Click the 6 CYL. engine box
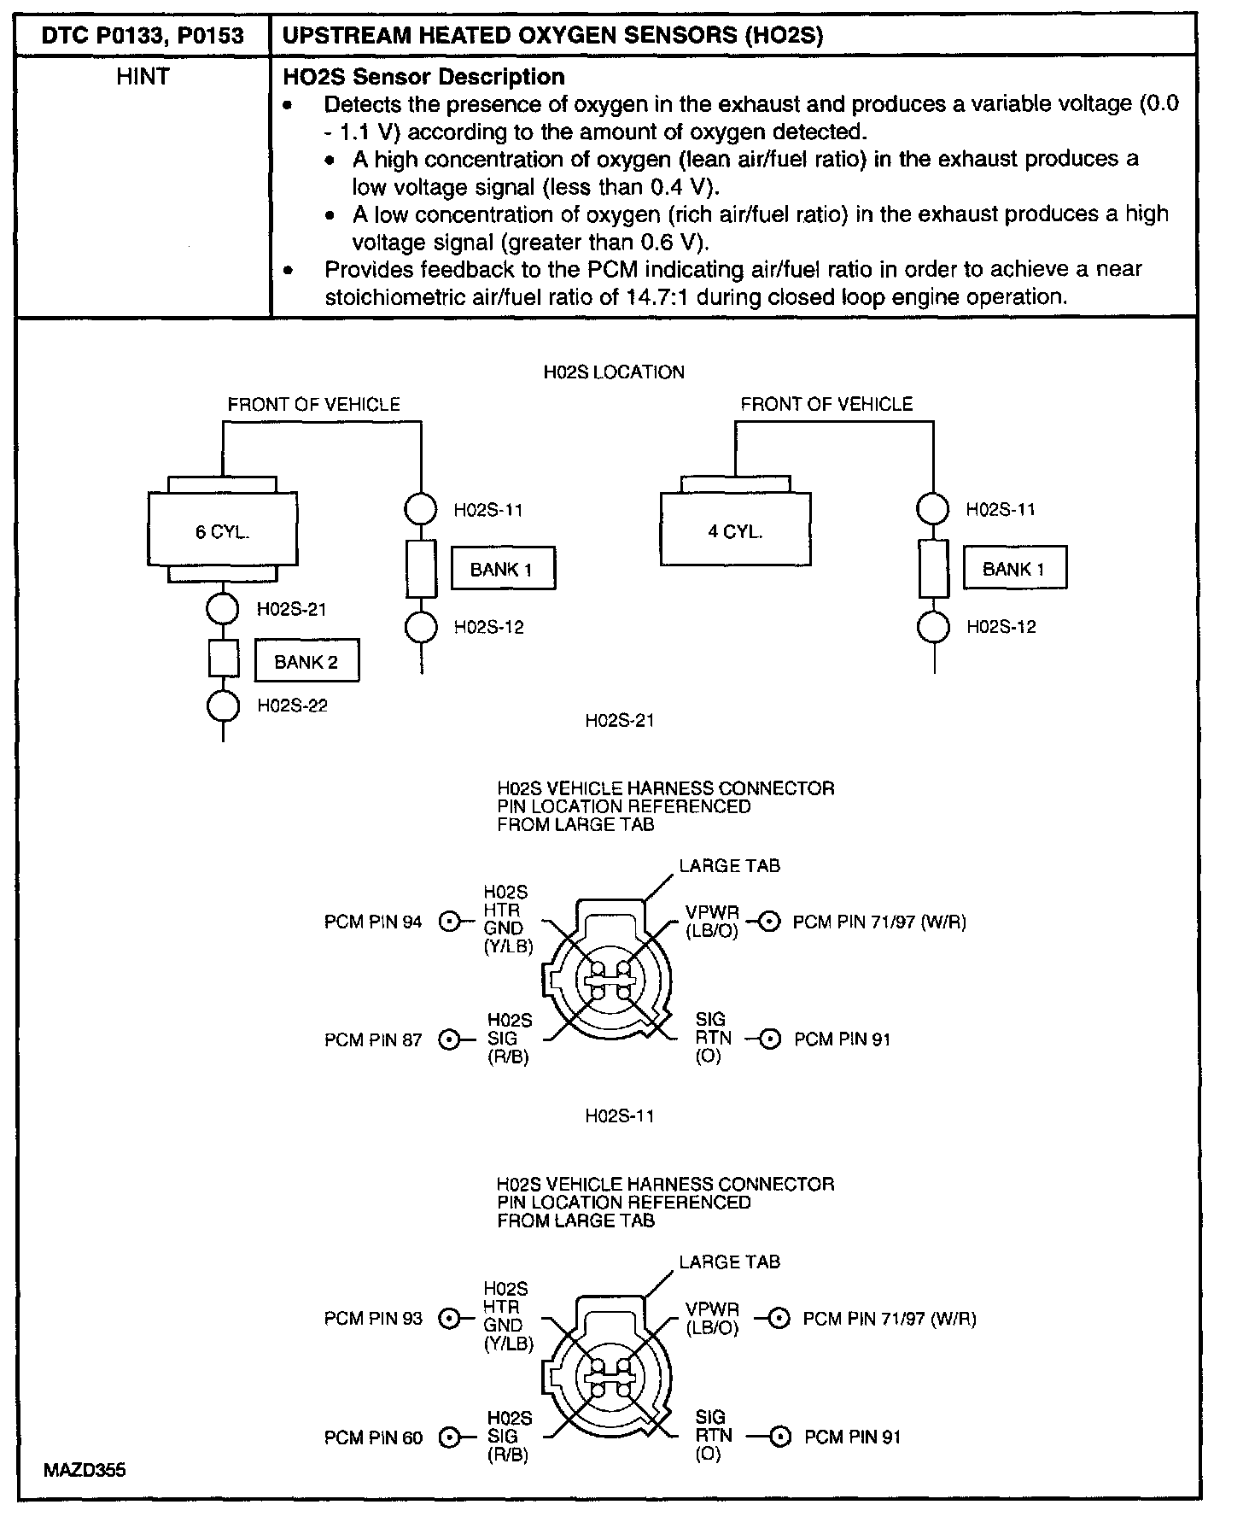[223, 530]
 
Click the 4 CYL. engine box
[735, 530]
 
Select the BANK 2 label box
[306, 662]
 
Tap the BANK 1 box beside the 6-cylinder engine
[502, 569]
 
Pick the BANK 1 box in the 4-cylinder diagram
[1014, 569]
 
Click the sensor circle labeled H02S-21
[223, 609]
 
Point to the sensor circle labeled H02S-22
[223, 706]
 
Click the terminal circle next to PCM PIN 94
[448, 922]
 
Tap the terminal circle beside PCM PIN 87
[448, 1039]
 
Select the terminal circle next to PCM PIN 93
[448, 1318]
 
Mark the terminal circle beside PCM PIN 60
[448, 1437]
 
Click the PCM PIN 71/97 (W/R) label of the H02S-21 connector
[879, 922]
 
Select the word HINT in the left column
[143, 77]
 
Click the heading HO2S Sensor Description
[423, 77]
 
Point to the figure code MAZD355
[85, 1470]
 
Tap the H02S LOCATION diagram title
[614, 372]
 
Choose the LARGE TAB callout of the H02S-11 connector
[729, 1262]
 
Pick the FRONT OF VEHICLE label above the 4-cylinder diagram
[826, 404]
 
